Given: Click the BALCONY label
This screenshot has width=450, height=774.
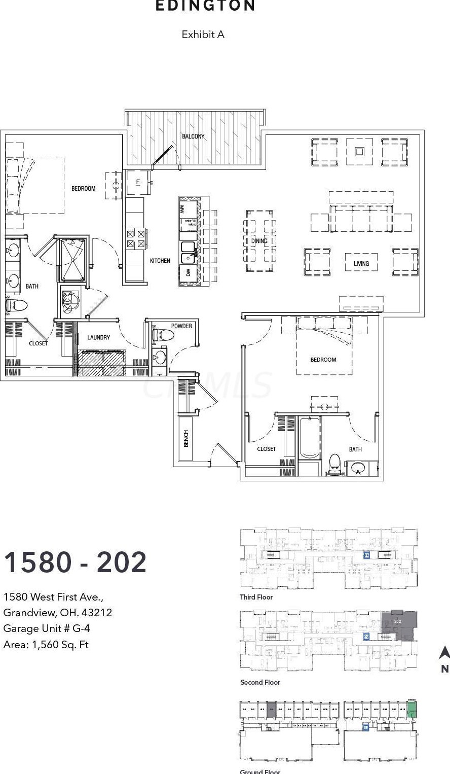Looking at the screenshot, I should pos(193,136).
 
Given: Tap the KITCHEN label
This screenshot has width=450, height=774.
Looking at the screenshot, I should pos(160,261).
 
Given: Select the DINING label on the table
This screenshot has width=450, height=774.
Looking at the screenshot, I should pos(259,241).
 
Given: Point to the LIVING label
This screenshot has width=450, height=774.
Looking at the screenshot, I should pos(361,263).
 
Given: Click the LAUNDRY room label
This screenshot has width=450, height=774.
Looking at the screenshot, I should pos(98,337).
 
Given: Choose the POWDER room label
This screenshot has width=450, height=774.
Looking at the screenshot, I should pos(181,326).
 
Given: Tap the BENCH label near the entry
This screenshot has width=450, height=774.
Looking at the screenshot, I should pos(186,438).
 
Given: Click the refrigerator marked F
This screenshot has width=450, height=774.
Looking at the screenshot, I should pos(137,182).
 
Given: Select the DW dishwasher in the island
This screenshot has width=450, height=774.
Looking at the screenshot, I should pos(188,273).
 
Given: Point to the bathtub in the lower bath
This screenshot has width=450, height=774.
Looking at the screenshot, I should pos(309,437).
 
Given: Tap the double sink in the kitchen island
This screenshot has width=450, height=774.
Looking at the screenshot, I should pos(189,249).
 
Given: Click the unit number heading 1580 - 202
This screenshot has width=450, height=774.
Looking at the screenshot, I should pos(76,562).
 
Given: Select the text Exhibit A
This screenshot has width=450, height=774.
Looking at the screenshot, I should pos(203,34).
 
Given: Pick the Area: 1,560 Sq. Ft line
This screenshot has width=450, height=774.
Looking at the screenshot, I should pos(46,645).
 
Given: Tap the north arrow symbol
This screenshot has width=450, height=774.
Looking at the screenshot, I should pos(444,653).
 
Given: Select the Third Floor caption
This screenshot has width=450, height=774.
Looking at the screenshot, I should pos(256,597).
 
